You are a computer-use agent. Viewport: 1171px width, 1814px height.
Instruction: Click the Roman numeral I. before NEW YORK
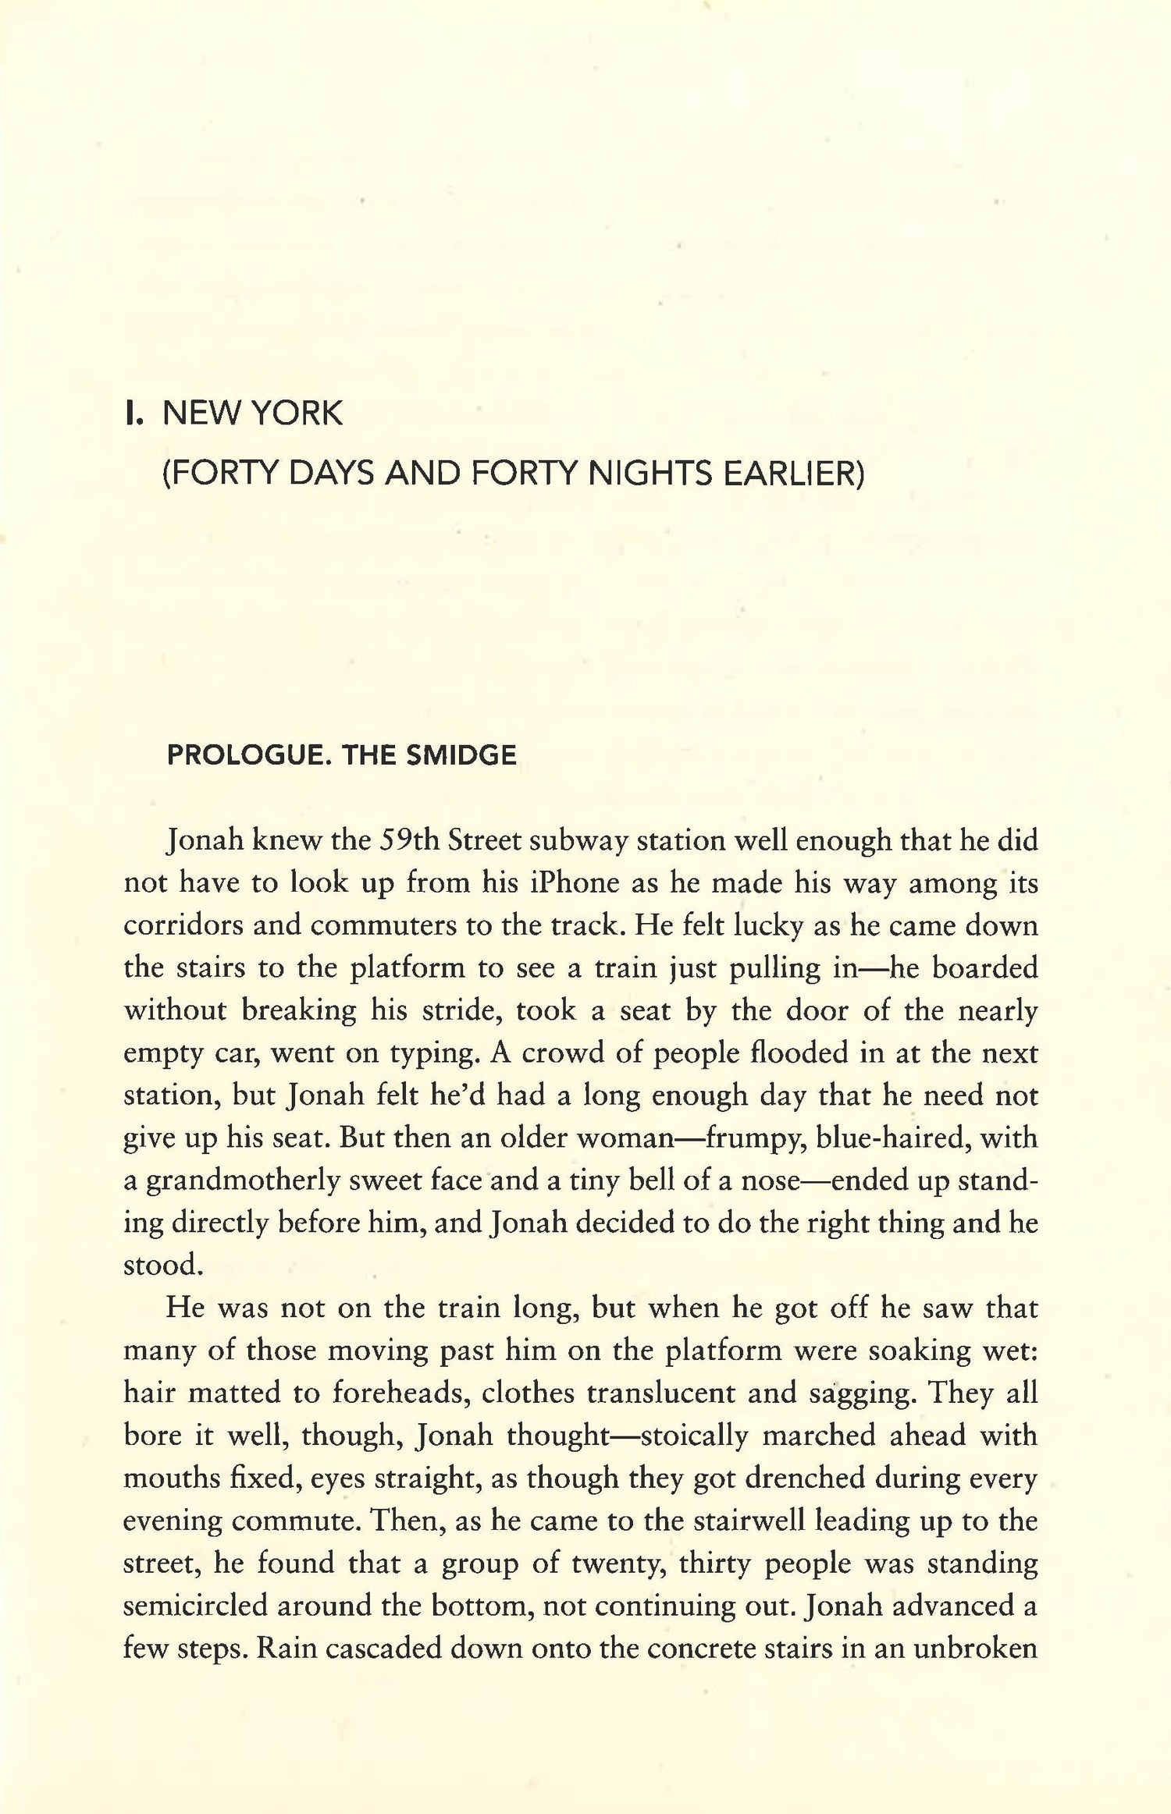[x=133, y=414]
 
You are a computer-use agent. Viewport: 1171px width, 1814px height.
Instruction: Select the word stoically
[x=694, y=1435]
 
